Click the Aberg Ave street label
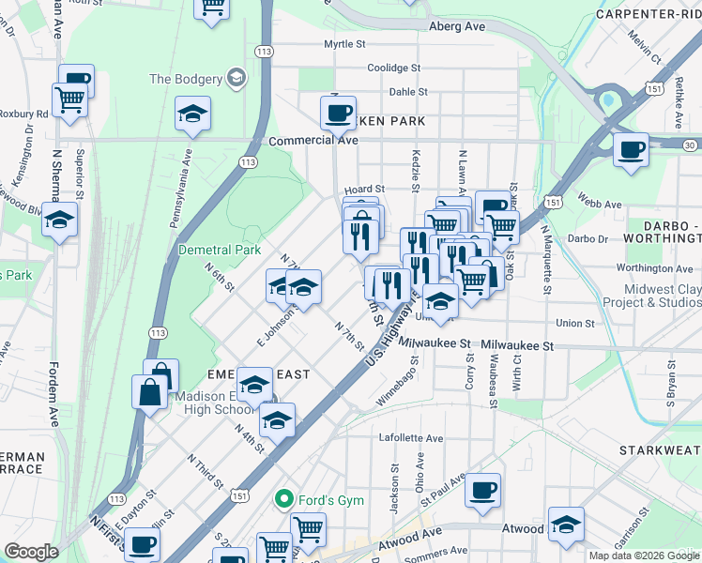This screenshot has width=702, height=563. click(x=457, y=26)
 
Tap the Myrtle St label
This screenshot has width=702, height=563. click(x=344, y=44)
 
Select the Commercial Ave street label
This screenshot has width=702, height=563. click(x=313, y=140)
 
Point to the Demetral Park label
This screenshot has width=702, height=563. click(x=220, y=251)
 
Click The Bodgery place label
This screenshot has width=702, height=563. click(x=186, y=79)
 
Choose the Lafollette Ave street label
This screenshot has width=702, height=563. click(x=410, y=438)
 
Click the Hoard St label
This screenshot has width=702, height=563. click(x=365, y=189)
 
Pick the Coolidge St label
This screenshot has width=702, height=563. click(x=394, y=68)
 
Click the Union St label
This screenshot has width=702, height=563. click(x=575, y=323)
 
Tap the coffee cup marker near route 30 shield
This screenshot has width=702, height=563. click(x=631, y=148)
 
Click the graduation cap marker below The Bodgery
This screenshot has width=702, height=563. click(x=192, y=114)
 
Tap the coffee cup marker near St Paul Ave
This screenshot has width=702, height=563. click(x=483, y=489)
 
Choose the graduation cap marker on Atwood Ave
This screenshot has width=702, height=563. click(x=566, y=524)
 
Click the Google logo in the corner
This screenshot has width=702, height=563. click(x=31, y=552)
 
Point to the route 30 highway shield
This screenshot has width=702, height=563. click(x=691, y=145)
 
